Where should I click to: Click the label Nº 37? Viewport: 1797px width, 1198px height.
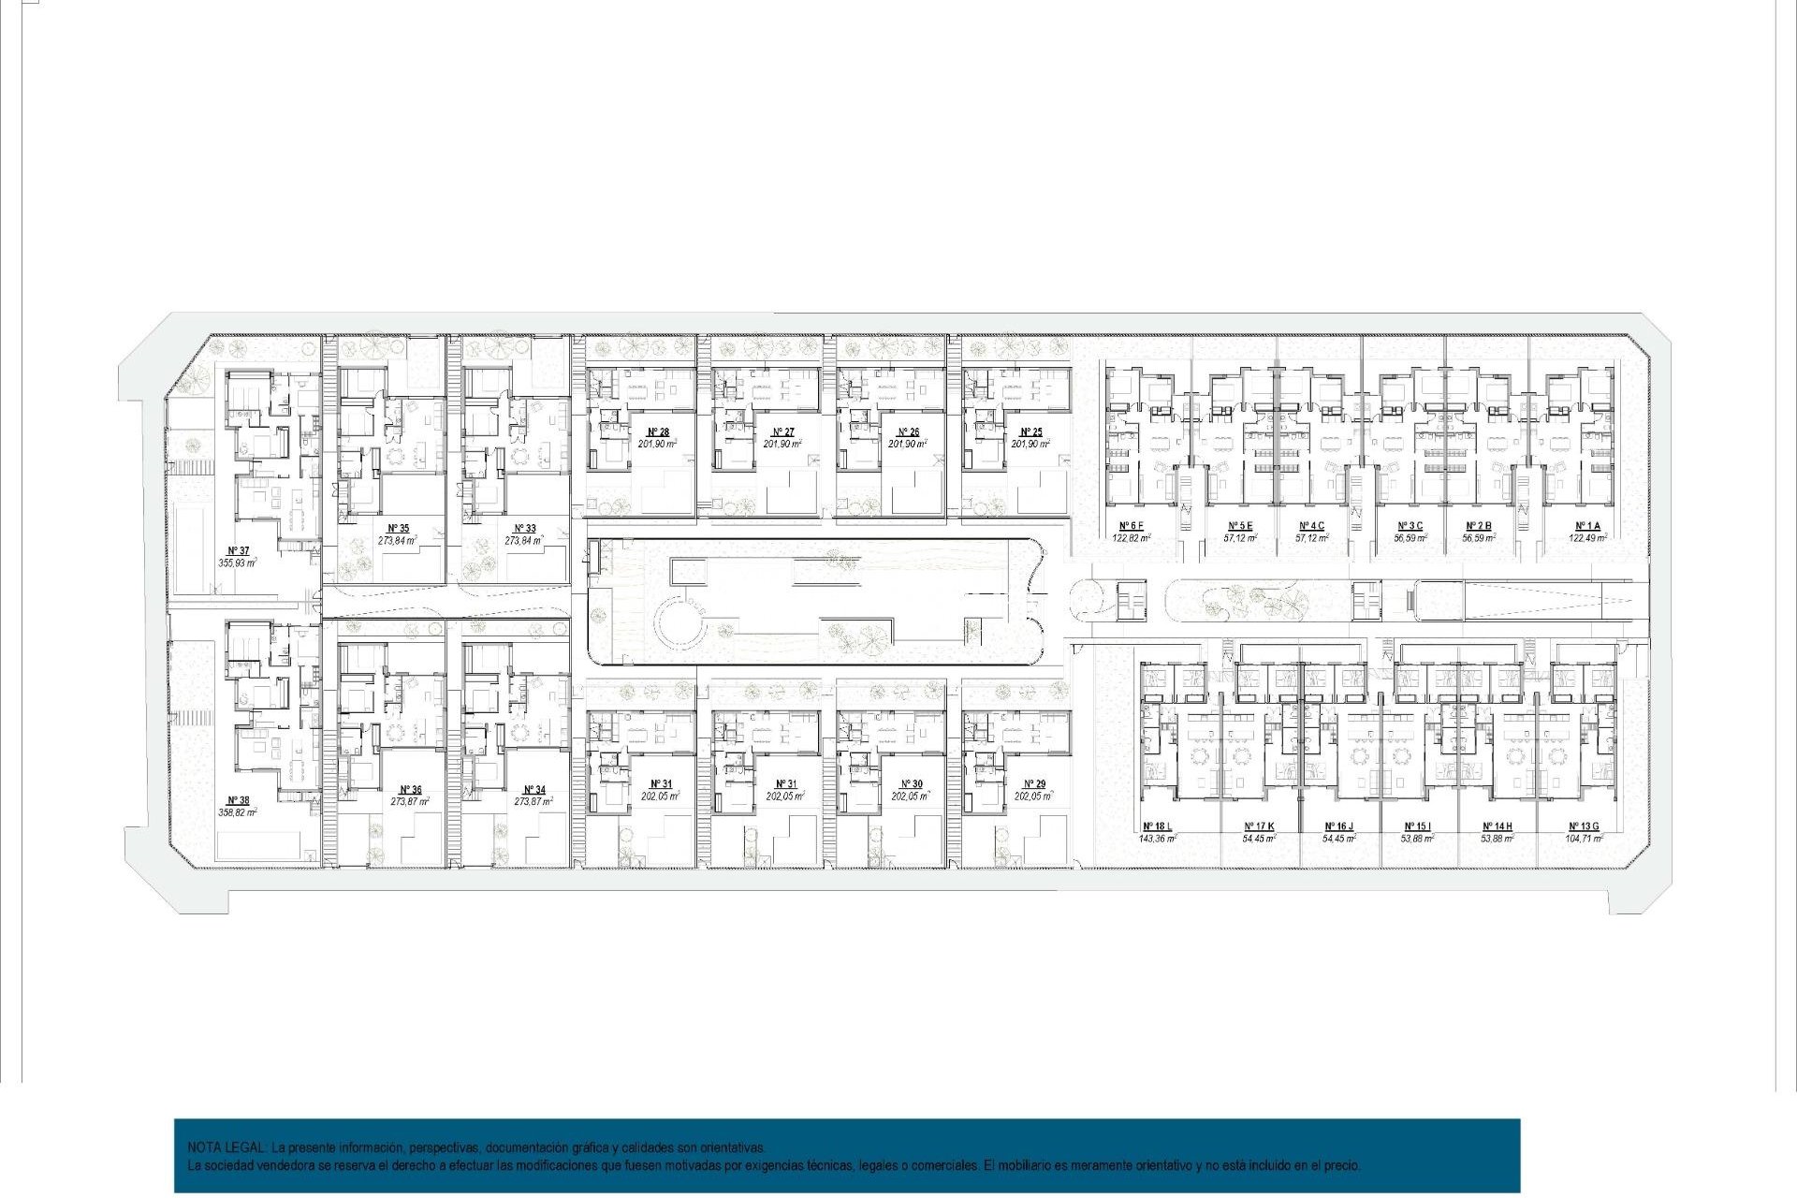click(239, 551)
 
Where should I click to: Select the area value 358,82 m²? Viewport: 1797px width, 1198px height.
click(238, 813)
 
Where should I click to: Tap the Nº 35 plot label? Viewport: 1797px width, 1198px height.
click(398, 529)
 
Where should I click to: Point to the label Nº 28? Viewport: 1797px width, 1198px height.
click(658, 432)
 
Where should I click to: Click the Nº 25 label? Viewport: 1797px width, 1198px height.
click(1031, 432)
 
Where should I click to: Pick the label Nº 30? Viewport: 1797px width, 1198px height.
click(911, 784)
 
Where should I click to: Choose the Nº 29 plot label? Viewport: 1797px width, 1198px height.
click(1034, 784)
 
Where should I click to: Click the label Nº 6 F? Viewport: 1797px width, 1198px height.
click(1132, 526)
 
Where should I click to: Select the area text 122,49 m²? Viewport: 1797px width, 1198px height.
click(1587, 538)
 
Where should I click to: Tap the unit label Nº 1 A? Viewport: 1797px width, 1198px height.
click(1587, 526)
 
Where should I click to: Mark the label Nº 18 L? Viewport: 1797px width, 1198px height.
click(1157, 826)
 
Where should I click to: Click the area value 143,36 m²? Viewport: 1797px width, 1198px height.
click(1158, 839)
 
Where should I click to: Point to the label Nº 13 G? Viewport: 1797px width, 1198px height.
click(1584, 826)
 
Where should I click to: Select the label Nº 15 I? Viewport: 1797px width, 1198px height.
click(1417, 826)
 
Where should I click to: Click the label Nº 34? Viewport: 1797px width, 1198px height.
click(533, 790)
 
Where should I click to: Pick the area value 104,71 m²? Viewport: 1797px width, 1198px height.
click(1584, 839)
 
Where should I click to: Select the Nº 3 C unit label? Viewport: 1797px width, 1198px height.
click(1410, 526)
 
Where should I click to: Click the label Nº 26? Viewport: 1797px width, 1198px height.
click(908, 432)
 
